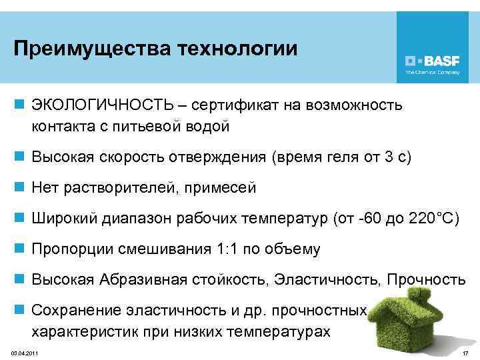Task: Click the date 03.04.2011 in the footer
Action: click(x=24, y=351)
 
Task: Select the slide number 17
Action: click(x=465, y=351)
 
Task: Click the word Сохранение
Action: click(x=73, y=311)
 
